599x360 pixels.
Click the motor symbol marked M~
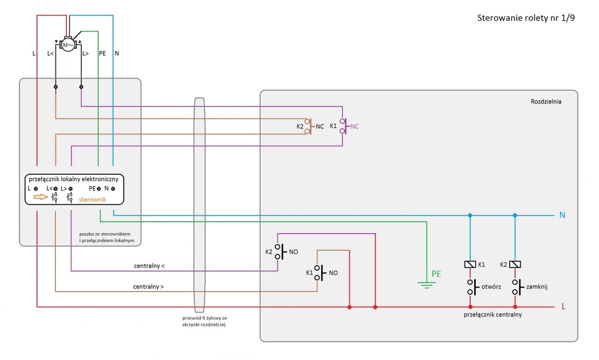68,45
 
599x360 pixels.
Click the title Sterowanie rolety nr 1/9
526,18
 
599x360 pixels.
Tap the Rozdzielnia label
546,102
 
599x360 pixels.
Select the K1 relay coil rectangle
470,265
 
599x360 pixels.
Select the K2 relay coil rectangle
515,265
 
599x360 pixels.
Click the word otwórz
491,287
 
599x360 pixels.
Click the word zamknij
537,287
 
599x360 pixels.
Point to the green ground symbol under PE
426,285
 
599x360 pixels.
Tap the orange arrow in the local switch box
40,197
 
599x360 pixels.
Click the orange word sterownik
92,200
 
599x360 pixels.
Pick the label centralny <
149,266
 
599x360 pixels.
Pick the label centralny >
148,287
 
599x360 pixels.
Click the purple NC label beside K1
354,126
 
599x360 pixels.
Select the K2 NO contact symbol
280,252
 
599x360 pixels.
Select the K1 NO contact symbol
320,273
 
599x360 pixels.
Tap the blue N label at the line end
562,215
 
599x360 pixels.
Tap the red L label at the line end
564,307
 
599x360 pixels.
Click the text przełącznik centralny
493,315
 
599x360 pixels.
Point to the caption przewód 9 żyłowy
205,318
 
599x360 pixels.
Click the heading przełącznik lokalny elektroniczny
73,179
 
